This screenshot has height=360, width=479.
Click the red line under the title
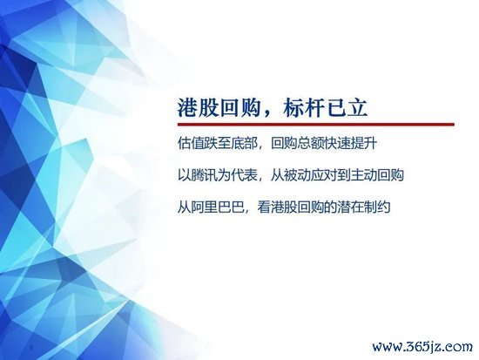pyautogui.click(x=316, y=124)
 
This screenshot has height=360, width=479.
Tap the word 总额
pyautogui.click(x=311, y=144)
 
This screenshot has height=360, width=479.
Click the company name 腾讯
pyautogui.click(x=205, y=175)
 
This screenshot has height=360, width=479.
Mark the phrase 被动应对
pyautogui.click(x=310, y=175)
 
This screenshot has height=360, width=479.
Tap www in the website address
pyautogui.click(x=388, y=348)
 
